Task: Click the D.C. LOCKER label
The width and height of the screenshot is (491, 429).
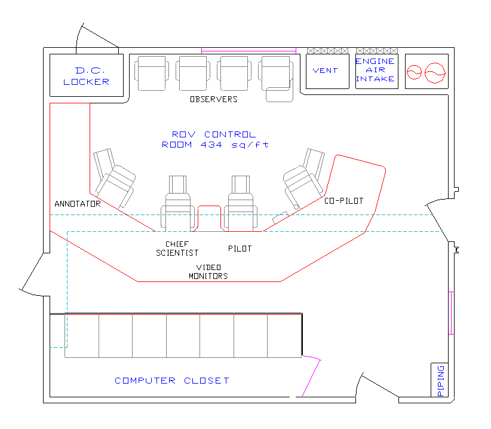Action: (86, 76)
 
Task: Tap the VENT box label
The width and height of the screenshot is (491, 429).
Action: (326, 71)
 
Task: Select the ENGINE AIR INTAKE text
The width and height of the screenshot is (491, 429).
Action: (375, 70)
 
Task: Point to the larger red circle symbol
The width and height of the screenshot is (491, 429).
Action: (435, 73)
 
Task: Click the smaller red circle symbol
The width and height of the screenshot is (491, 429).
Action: (414, 72)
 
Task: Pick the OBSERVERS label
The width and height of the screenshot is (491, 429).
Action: (214, 99)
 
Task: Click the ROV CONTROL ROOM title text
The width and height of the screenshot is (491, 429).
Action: (215, 139)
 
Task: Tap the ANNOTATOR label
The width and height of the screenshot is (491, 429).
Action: (78, 204)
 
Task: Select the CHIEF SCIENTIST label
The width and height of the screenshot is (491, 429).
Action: (177, 249)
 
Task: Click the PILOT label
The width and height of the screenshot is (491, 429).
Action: (240, 249)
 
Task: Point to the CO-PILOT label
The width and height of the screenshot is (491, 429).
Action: (344, 201)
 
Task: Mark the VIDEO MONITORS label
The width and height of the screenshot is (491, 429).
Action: (208, 271)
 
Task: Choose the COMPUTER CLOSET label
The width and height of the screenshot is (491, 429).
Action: (172, 381)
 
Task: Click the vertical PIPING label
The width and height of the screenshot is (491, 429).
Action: (440, 381)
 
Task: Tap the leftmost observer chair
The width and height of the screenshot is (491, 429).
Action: (152, 73)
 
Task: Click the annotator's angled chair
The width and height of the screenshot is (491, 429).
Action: (114, 178)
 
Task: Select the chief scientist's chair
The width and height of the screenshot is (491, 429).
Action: (178, 204)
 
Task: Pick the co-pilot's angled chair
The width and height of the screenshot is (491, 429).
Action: (304, 179)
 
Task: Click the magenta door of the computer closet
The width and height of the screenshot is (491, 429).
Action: (312, 375)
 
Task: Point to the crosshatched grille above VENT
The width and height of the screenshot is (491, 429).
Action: (327, 51)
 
